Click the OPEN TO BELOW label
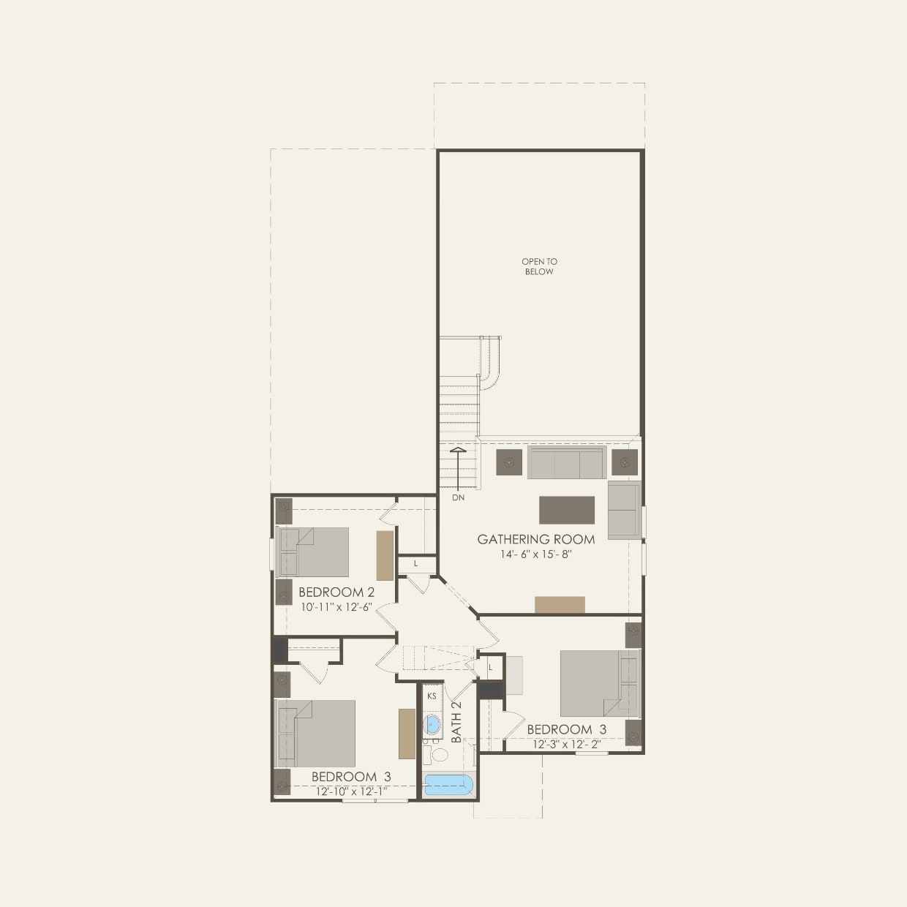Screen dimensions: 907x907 pos(539,266)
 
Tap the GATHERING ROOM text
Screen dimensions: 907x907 pos(536,540)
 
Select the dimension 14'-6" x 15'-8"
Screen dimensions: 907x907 pos(536,555)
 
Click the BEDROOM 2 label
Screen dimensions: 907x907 pos(336,592)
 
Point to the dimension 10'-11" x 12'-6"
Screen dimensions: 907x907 pos(336,606)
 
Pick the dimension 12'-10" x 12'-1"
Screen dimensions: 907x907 pos(351,791)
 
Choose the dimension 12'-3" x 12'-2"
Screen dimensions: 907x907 pos(567,744)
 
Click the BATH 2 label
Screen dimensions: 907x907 pos(457,723)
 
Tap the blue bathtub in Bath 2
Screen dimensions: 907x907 pos(448,785)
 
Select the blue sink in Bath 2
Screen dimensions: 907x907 pos(432,725)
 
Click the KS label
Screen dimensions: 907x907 pos(432,696)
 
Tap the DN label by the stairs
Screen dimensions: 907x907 pos(458,498)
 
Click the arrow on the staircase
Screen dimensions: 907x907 pos(458,468)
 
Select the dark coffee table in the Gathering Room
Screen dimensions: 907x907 pos(567,510)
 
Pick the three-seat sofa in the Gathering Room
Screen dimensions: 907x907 pos(565,463)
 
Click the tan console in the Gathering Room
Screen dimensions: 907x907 pos(560,604)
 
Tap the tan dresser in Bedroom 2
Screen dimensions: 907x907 pos(385,555)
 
